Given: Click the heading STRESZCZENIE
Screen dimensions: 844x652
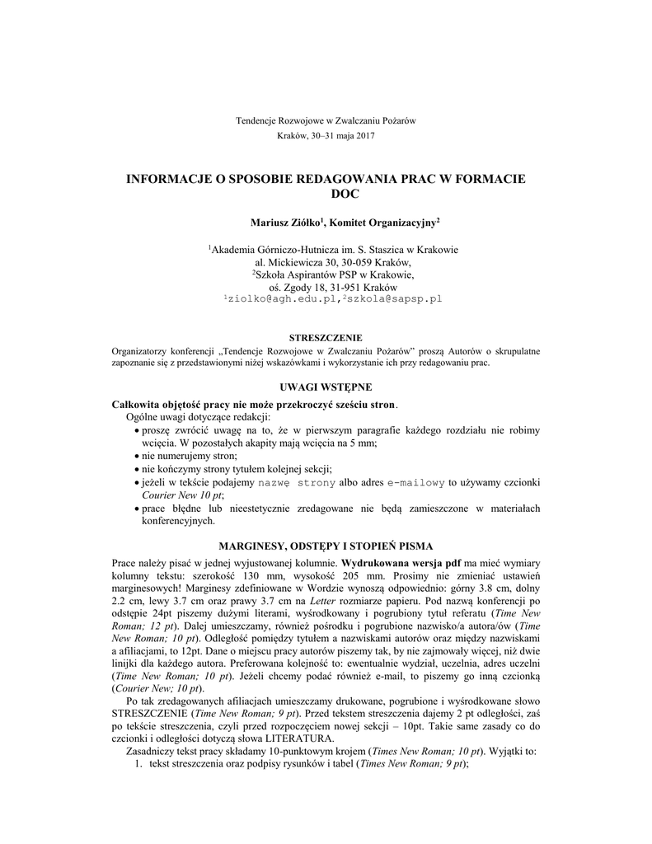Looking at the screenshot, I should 326,338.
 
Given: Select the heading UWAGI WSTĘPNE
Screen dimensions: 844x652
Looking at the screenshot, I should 326,387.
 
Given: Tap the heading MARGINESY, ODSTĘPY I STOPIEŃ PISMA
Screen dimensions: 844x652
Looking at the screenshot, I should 326,546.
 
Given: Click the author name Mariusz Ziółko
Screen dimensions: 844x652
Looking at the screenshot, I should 285,223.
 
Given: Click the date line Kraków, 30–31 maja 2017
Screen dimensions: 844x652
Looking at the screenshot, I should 326,135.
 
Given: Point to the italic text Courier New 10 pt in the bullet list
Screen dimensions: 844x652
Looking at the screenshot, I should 182,495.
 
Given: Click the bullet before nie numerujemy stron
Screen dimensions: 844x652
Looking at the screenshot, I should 136,456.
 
